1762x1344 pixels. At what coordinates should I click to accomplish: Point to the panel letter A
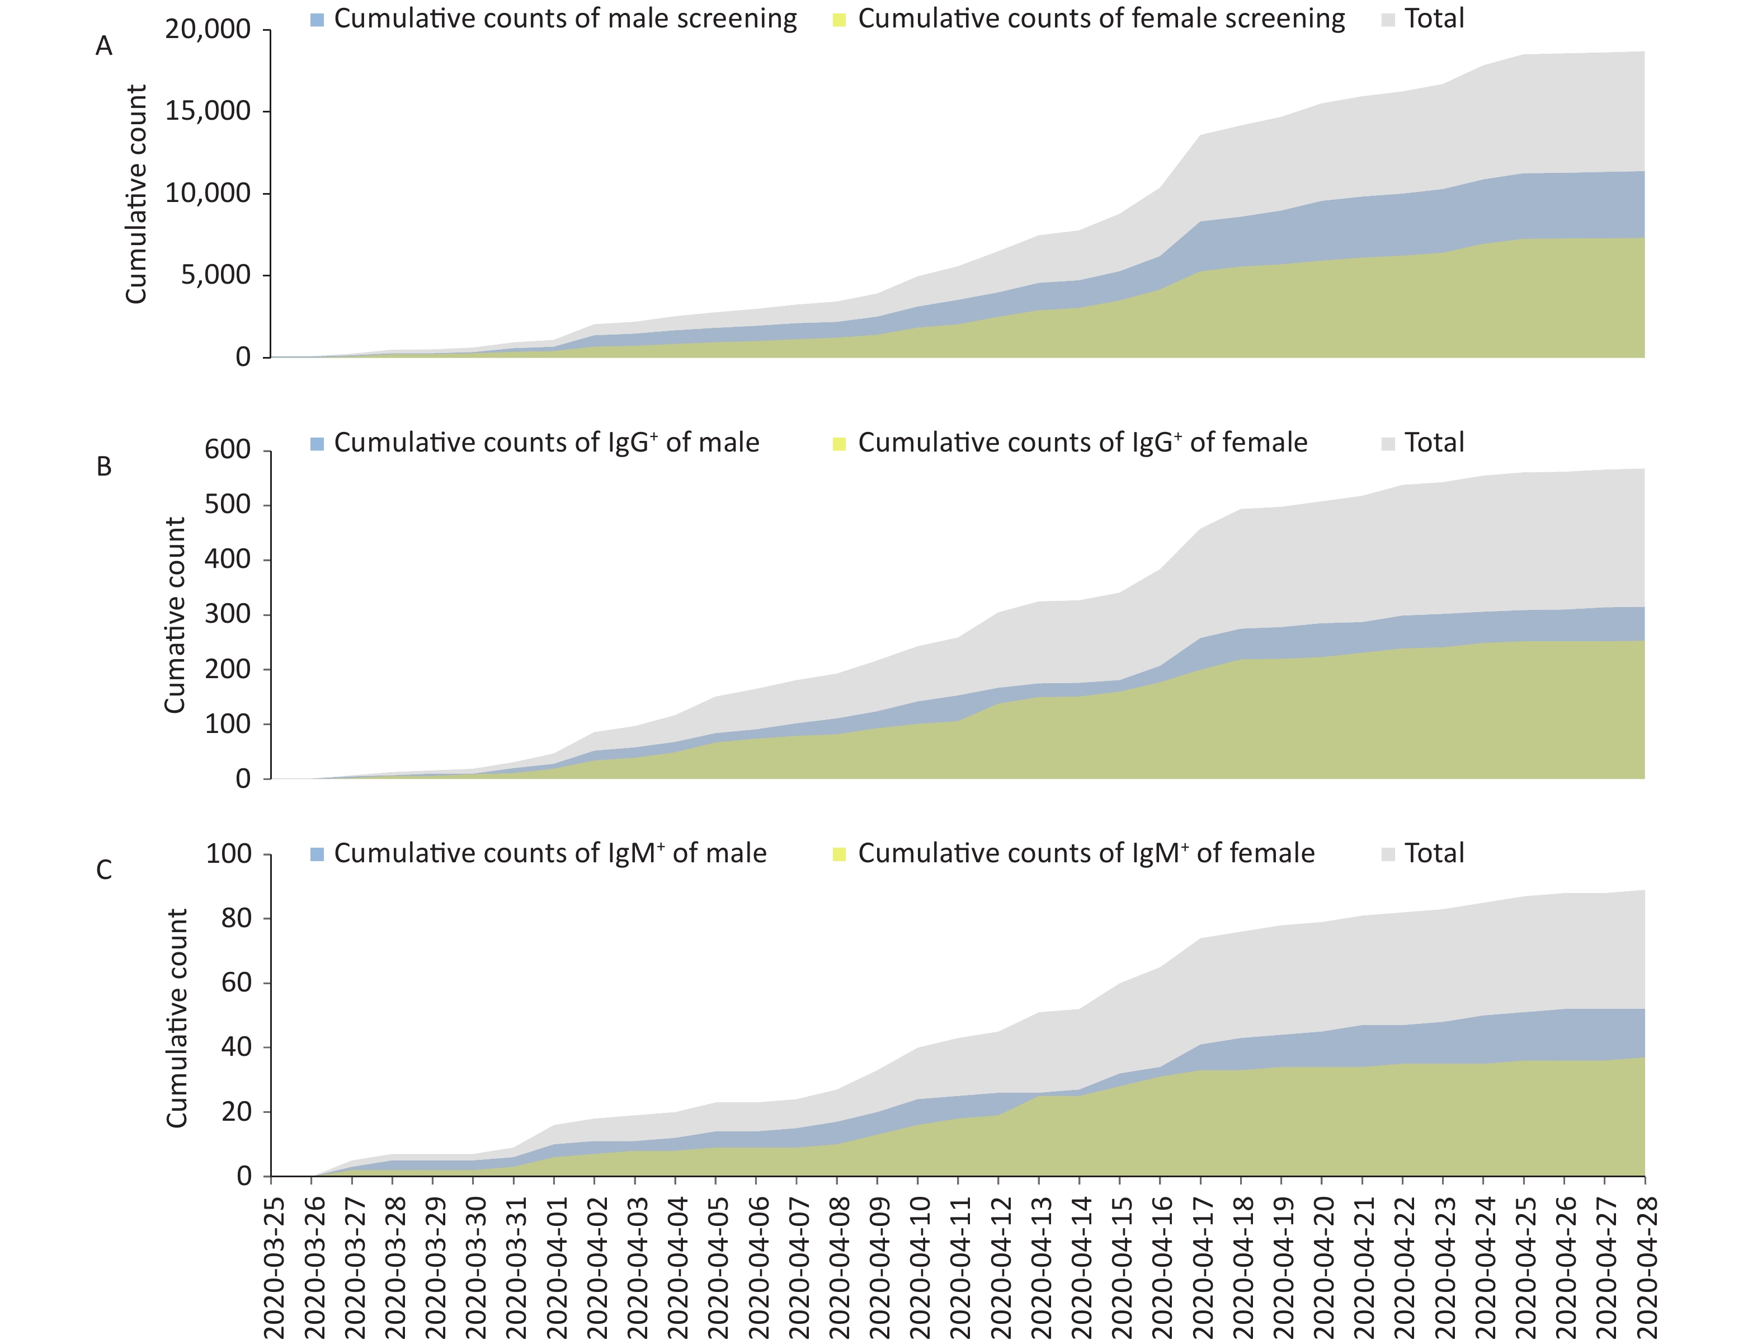[104, 46]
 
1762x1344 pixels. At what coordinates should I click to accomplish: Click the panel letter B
[104, 467]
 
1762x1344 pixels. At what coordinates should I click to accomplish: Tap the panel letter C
[104, 870]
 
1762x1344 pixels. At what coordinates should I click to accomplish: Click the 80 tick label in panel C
[237, 918]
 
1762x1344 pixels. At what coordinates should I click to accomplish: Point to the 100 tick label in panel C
[229, 854]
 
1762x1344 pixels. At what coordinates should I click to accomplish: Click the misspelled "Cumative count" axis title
[175, 614]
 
